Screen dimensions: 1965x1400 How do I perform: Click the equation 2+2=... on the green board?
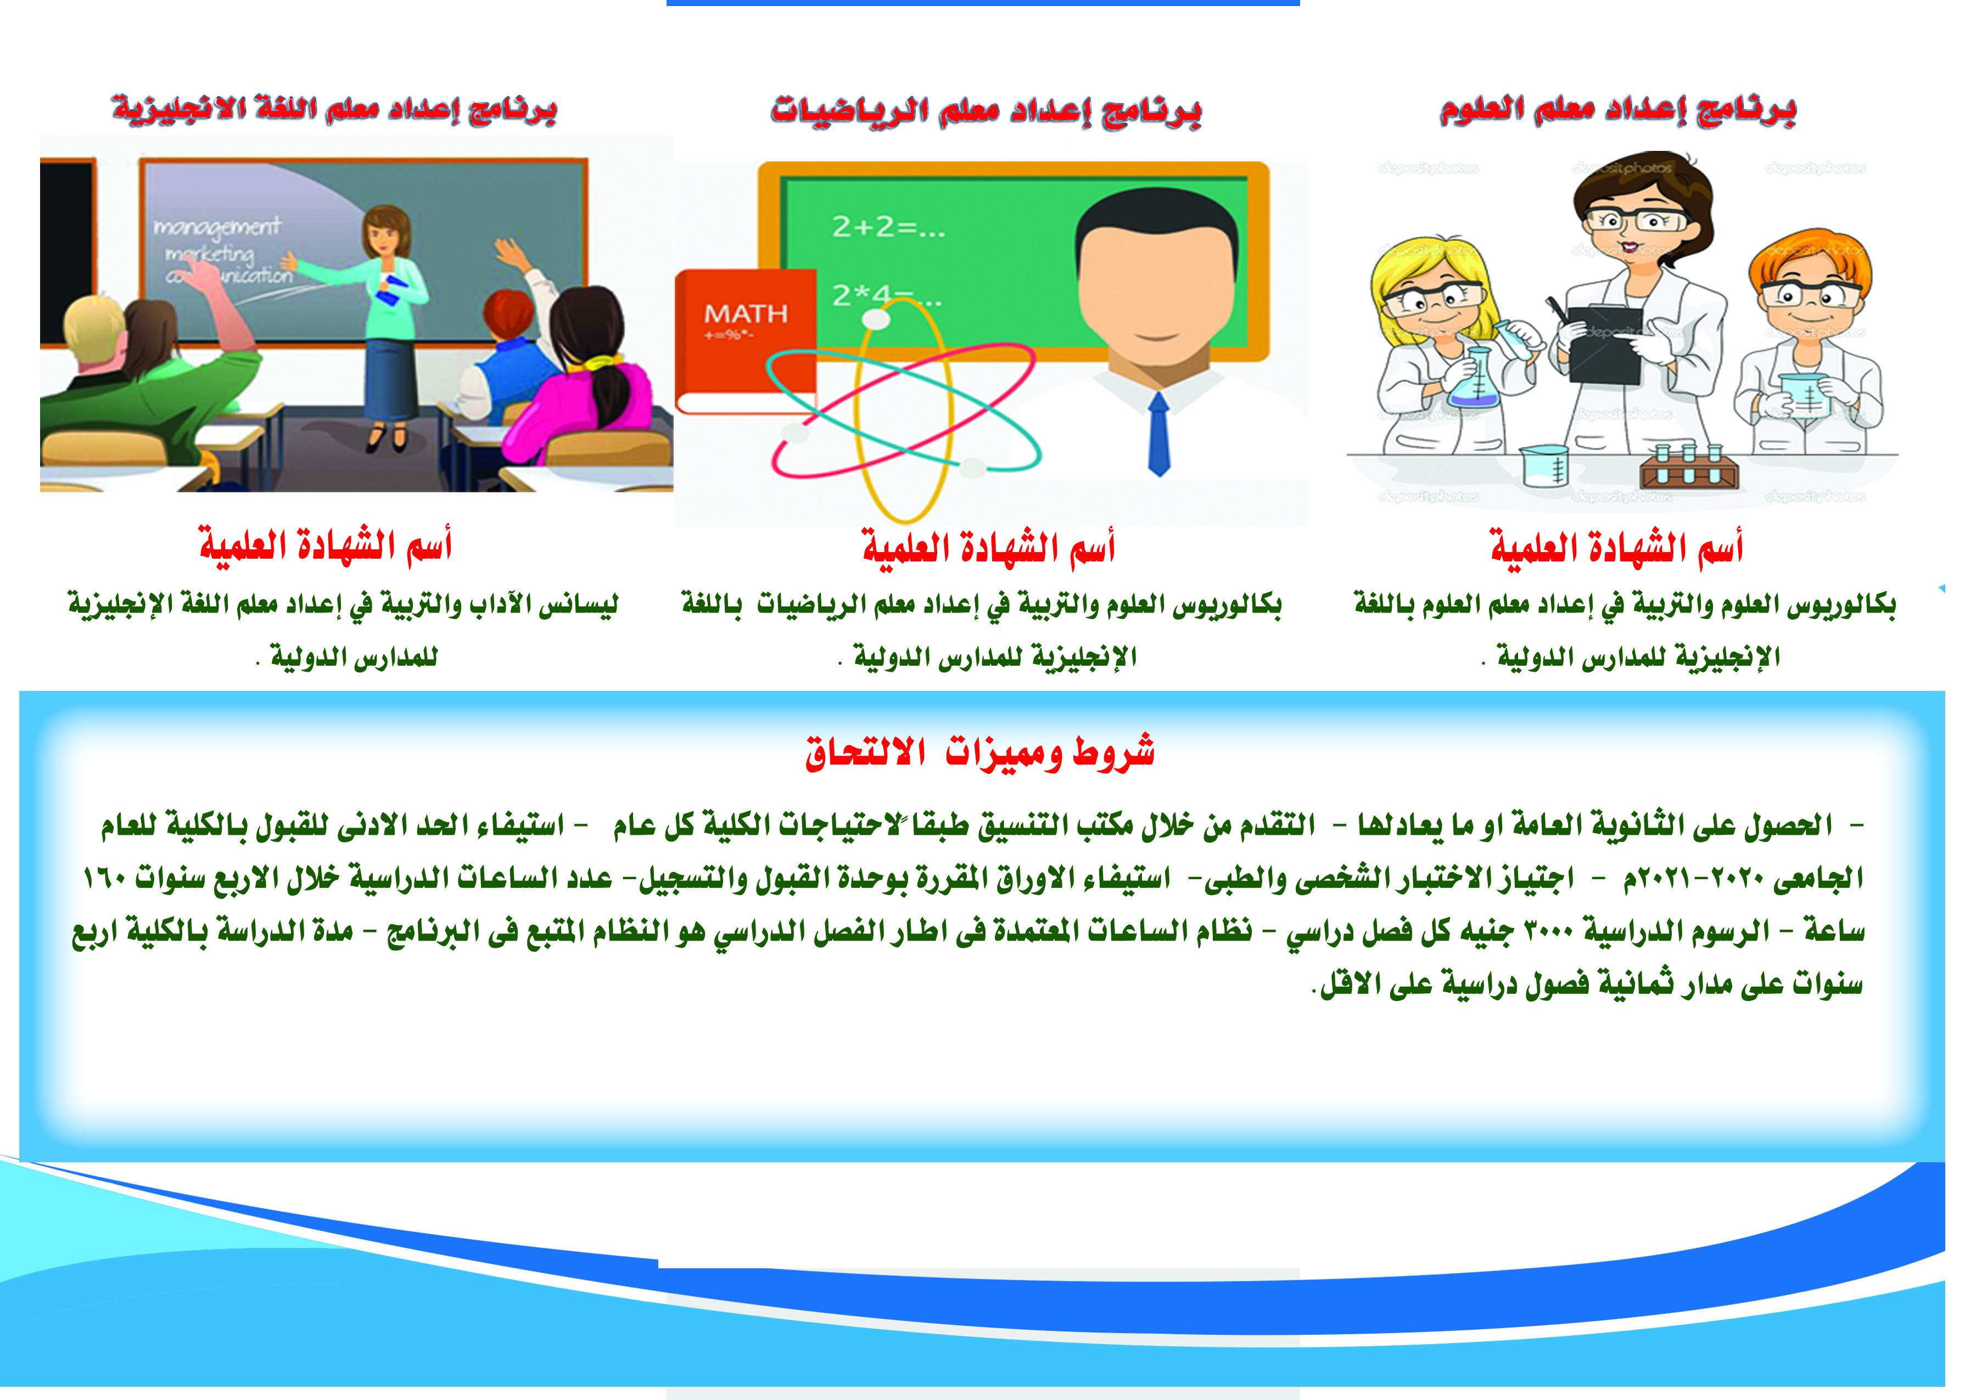(888, 228)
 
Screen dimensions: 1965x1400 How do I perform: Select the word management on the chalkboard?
(217, 227)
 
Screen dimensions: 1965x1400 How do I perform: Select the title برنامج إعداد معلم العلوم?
(1617, 110)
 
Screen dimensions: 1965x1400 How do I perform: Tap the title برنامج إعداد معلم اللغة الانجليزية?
(334, 109)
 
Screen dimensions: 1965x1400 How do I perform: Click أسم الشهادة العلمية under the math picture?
(988, 547)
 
